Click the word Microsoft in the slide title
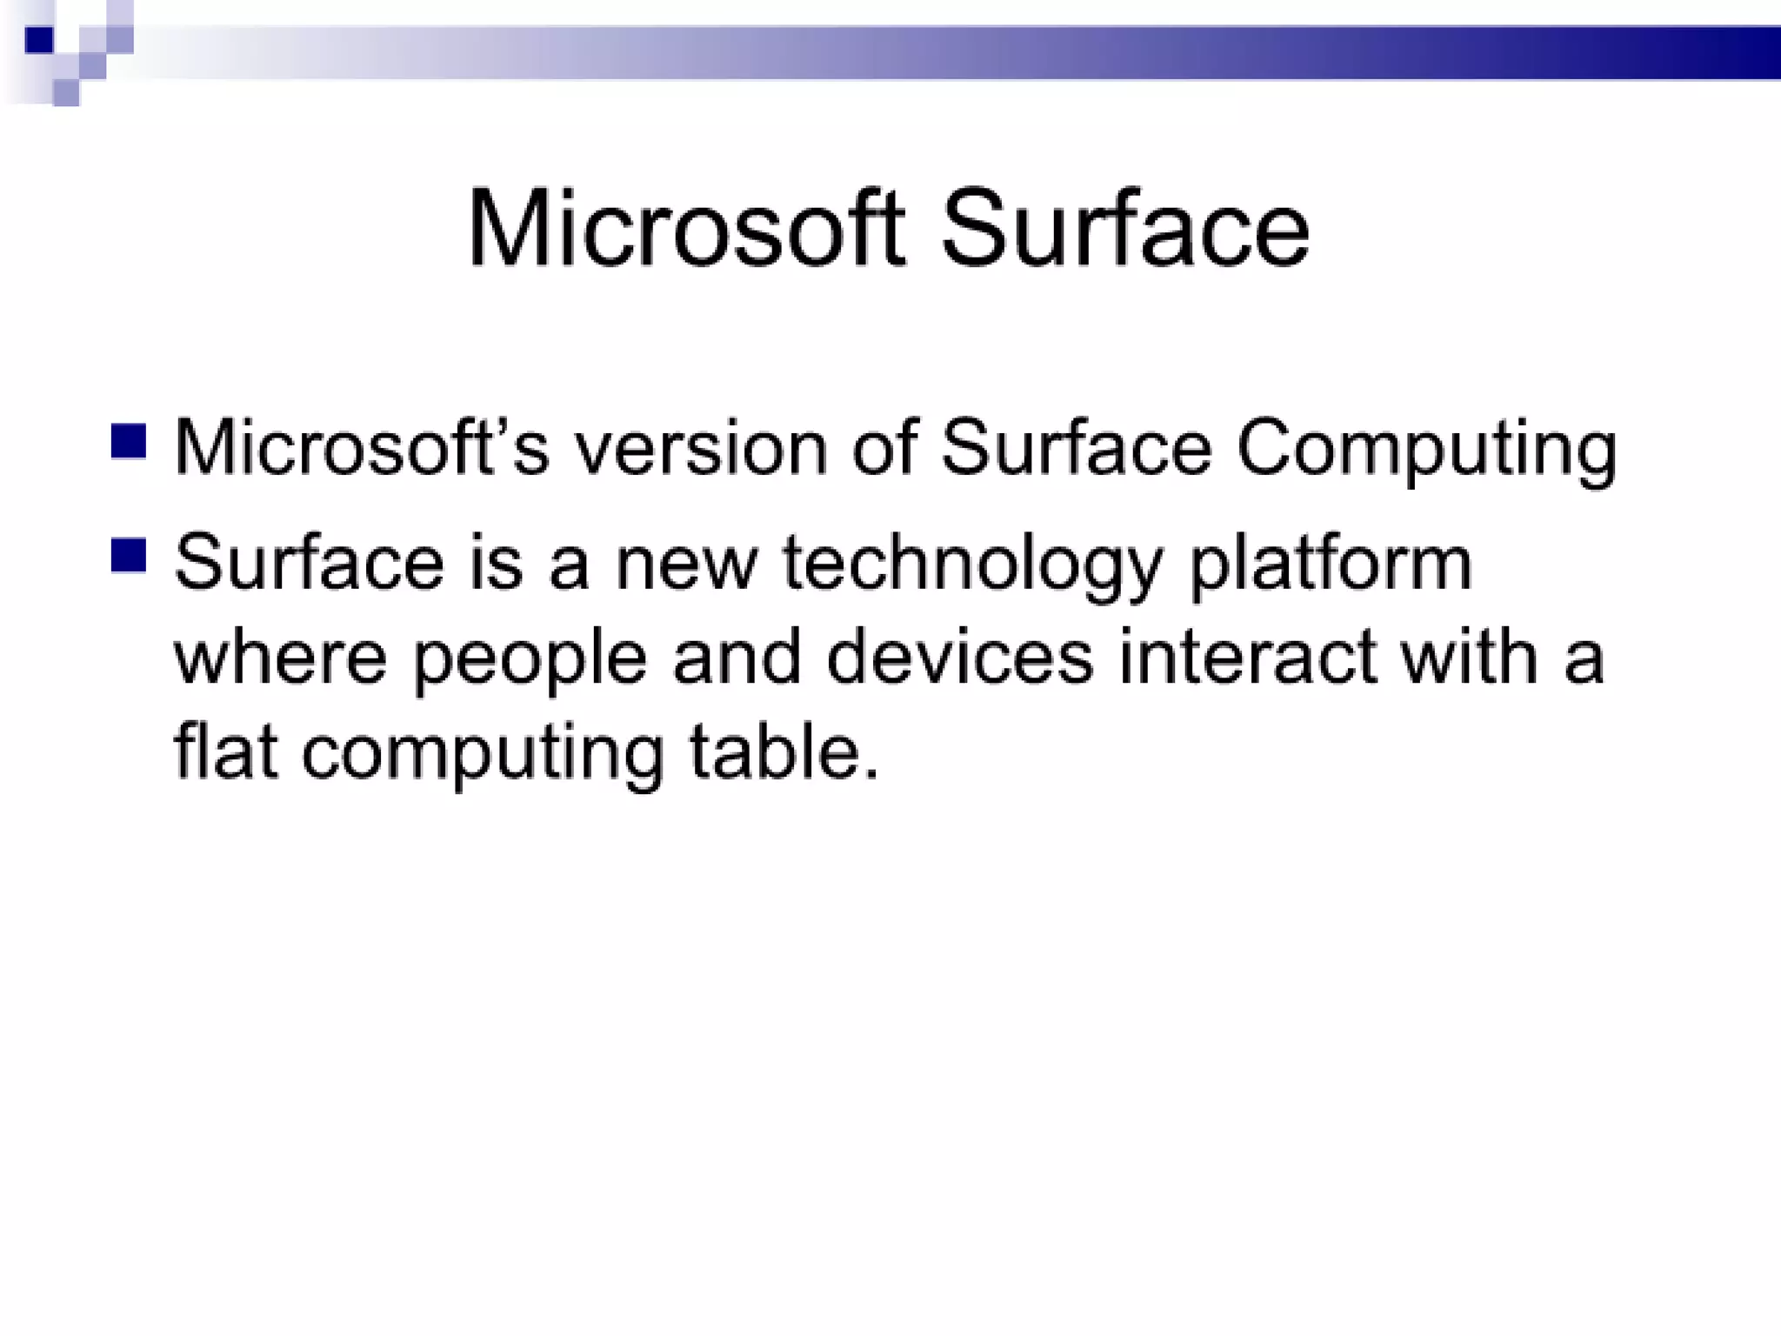(687, 230)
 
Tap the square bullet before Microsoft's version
(129, 441)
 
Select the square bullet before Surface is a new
(129, 556)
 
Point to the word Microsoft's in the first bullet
(362, 449)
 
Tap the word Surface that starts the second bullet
(310, 563)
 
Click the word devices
(959, 658)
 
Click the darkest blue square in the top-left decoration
(39, 40)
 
